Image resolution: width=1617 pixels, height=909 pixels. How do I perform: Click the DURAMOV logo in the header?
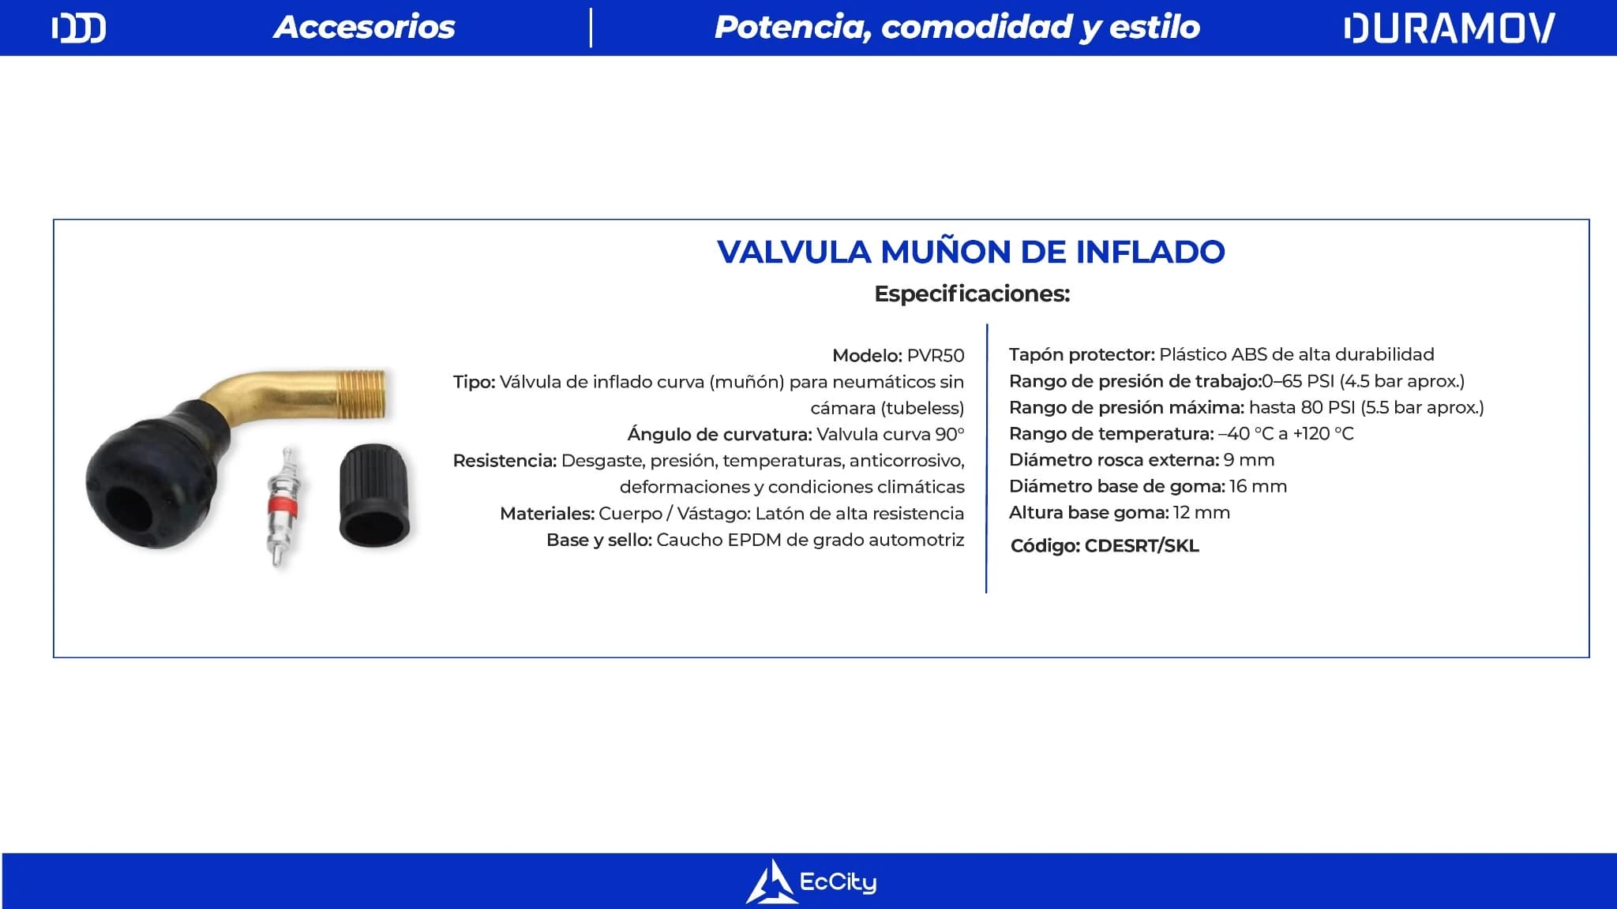(1449, 28)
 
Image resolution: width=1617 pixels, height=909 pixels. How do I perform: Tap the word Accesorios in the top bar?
(364, 28)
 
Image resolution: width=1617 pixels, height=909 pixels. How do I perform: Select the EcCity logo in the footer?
(811, 881)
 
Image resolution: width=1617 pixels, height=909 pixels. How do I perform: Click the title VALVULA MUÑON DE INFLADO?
(971, 252)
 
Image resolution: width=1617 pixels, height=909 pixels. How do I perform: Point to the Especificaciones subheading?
(972, 294)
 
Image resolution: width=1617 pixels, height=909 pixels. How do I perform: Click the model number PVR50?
(936, 355)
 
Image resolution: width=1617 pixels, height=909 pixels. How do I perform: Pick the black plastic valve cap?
(374, 494)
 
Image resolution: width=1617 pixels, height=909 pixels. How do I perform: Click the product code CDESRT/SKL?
(1142, 546)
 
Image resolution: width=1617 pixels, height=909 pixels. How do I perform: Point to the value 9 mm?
(1249, 460)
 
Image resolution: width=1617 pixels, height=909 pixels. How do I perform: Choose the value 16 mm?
(1259, 486)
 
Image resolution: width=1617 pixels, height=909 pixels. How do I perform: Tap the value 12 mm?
(1202, 513)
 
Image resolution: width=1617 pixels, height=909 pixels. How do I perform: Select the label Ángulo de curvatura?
(719, 434)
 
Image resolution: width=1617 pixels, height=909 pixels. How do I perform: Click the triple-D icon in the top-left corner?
(79, 28)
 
